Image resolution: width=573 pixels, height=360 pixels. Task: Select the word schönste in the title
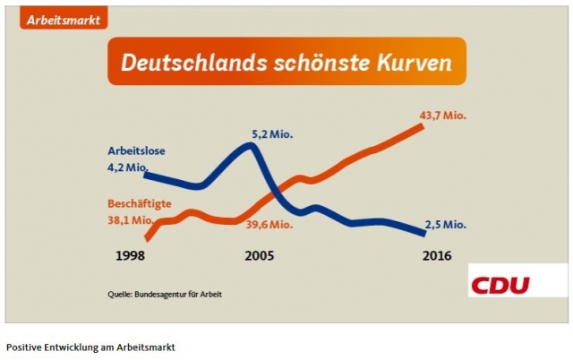pyautogui.click(x=312, y=64)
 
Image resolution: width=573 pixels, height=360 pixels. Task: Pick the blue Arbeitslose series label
pyautogui.click(x=137, y=150)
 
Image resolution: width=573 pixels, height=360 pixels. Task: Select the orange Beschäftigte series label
pyautogui.click(x=141, y=205)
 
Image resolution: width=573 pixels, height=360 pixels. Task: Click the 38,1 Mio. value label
pyautogui.click(x=129, y=220)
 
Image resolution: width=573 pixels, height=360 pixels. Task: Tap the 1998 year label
pyautogui.click(x=131, y=255)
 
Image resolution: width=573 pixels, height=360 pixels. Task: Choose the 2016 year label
pyautogui.click(x=436, y=255)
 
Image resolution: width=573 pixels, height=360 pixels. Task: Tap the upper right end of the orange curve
pyautogui.click(x=421, y=127)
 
